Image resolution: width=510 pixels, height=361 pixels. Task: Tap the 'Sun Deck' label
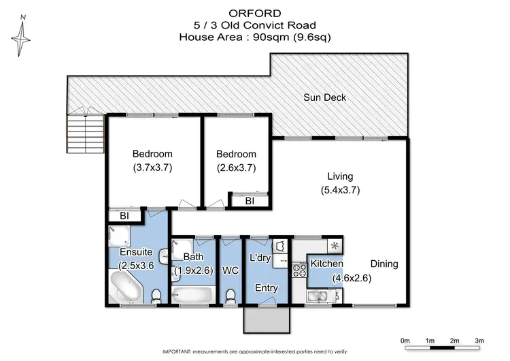[x=324, y=97]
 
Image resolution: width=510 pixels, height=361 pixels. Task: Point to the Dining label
[x=384, y=264]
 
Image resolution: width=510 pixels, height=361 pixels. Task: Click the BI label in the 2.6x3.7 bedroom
[x=250, y=201]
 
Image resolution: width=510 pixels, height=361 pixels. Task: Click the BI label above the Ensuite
[x=124, y=217]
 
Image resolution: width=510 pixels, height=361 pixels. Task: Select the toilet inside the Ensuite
[x=156, y=295]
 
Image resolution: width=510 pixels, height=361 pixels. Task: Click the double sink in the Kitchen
[x=322, y=296]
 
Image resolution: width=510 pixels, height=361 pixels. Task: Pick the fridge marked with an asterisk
[x=335, y=245]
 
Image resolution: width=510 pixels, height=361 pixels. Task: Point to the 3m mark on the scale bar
[x=480, y=341]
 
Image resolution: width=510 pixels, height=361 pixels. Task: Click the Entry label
[x=267, y=288]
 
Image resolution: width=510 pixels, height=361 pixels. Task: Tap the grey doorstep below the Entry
[x=267, y=318]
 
